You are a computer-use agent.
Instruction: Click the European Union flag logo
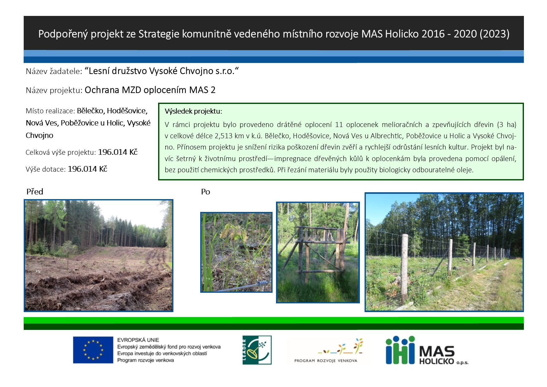pos(93,350)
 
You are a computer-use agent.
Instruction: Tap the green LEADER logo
pos(257,350)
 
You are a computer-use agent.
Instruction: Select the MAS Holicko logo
pos(427,350)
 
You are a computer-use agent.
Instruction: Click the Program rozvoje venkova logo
pos(328,350)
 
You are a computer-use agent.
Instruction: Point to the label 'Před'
pos(35,192)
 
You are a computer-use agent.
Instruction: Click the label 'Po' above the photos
pos(206,192)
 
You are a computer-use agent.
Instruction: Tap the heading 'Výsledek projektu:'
pos(193,111)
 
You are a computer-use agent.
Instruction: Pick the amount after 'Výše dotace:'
pos(88,169)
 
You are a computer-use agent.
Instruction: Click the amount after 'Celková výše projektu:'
pos(118,152)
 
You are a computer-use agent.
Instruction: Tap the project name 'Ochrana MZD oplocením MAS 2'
pos(150,90)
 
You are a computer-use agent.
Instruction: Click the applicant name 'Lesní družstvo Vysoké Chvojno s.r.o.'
pos(162,71)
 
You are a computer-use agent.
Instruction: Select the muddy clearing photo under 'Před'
pos(99,255)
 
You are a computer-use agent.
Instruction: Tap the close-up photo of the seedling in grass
pos(236,252)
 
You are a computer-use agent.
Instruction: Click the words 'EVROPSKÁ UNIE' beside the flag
pos(138,340)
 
